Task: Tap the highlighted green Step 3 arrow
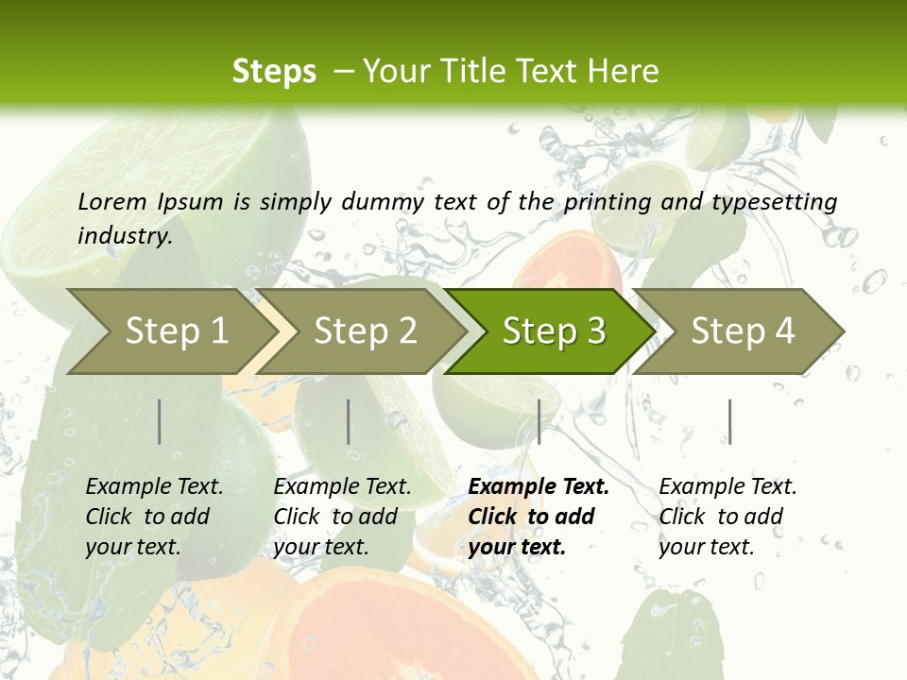(x=554, y=331)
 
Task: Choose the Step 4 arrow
(x=743, y=331)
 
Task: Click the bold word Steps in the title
(x=274, y=72)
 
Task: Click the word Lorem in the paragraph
(x=111, y=201)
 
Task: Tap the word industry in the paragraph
(x=124, y=235)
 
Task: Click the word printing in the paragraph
(x=607, y=202)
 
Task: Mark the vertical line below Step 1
(x=160, y=421)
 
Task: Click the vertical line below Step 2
(x=349, y=421)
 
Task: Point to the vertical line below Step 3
(x=539, y=421)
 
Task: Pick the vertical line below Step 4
(x=729, y=421)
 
